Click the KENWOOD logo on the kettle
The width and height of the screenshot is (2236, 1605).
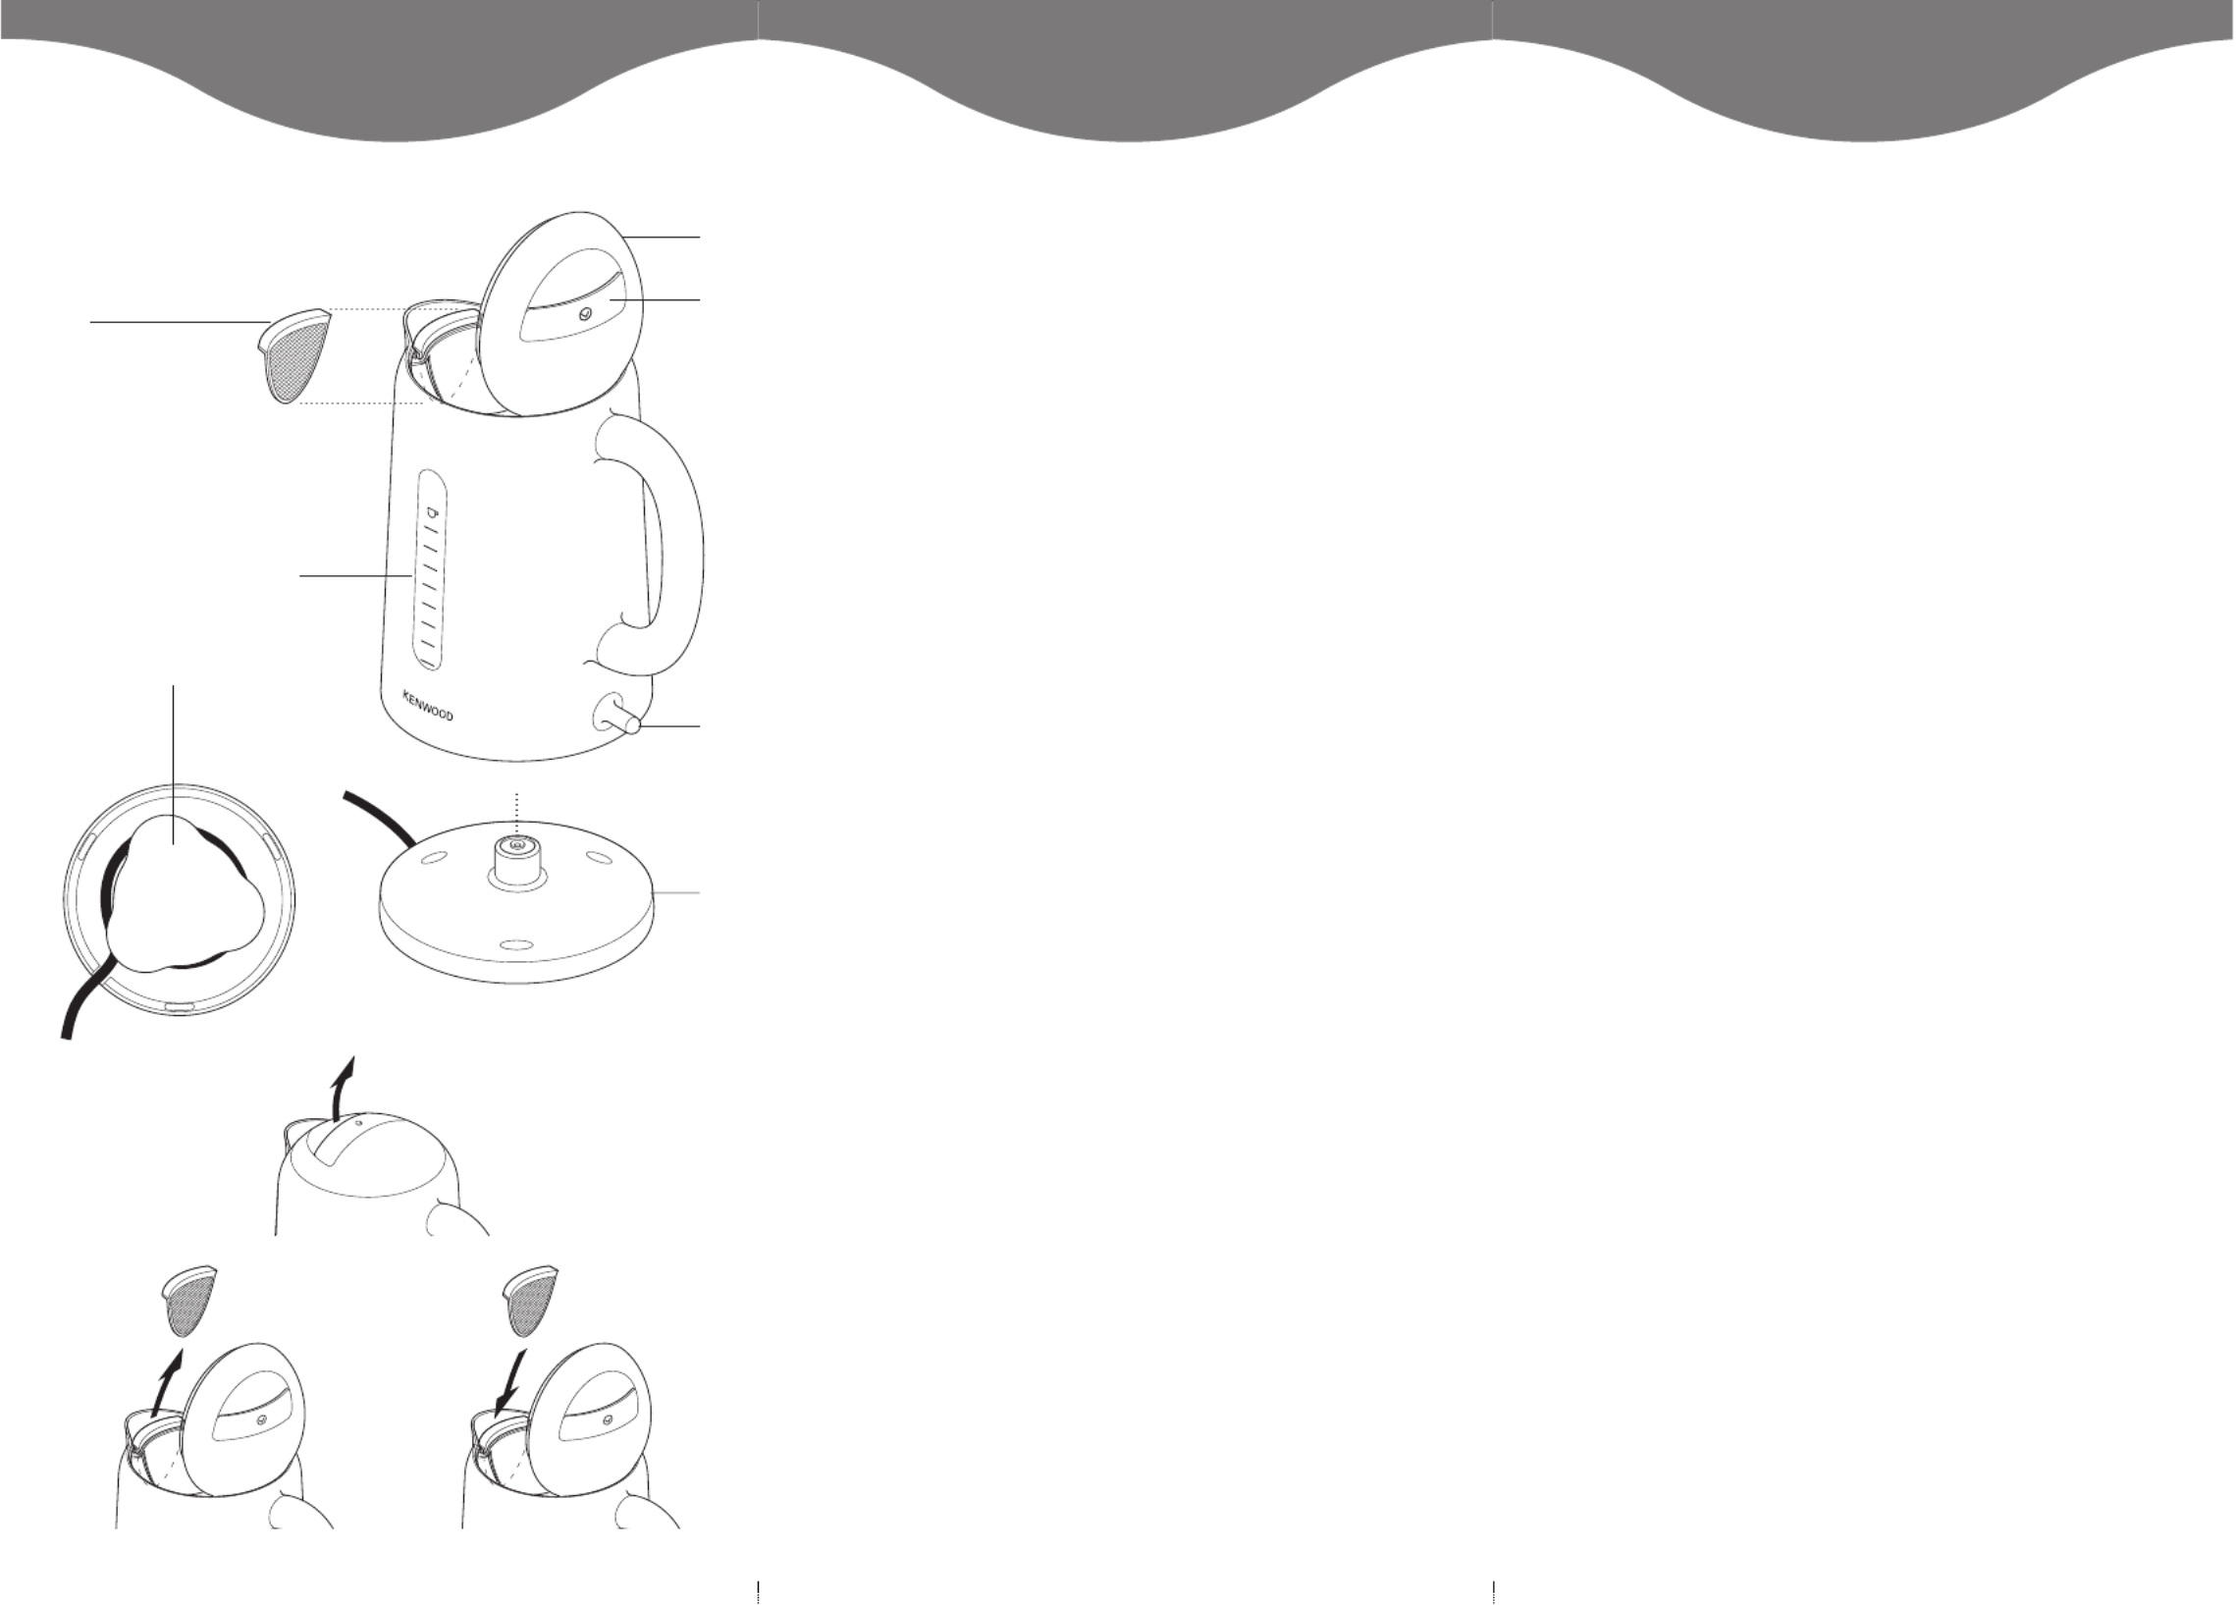tap(428, 705)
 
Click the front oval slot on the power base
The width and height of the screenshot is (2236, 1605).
tap(514, 944)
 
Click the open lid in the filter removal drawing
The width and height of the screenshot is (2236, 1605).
tap(242, 1426)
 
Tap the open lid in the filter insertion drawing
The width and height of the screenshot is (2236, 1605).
tap(588, 1426)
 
